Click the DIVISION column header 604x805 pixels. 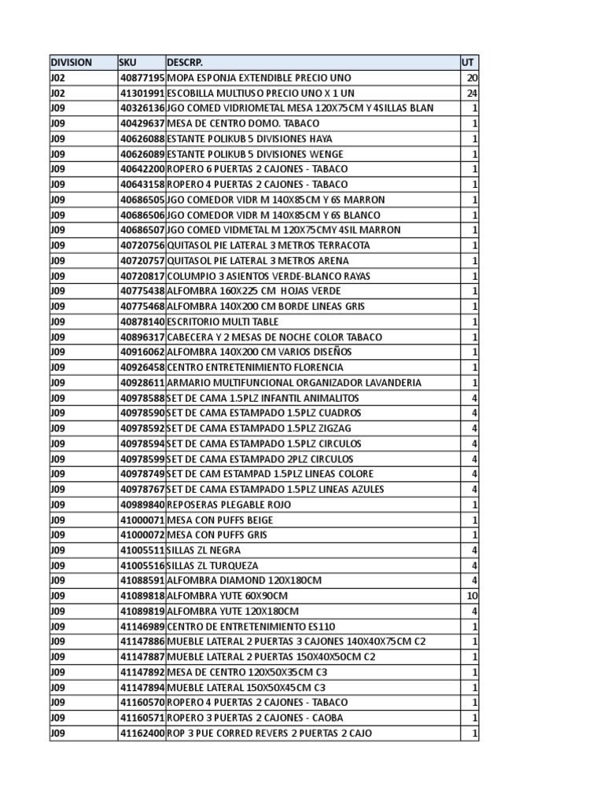(71, 62)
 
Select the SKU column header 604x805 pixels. (127, 62)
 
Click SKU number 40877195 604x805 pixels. (142, 78)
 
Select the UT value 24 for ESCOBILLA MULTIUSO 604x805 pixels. (472, 93)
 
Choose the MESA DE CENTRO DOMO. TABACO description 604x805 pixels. (238, 123)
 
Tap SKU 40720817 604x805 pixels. (142, 276)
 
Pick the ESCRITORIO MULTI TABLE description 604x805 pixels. (223, 322)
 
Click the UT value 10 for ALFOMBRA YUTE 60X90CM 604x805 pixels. (472, 596)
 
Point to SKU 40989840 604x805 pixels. (142, 504)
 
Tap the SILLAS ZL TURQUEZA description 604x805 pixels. (212, 565)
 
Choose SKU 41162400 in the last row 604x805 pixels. (142, 733)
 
